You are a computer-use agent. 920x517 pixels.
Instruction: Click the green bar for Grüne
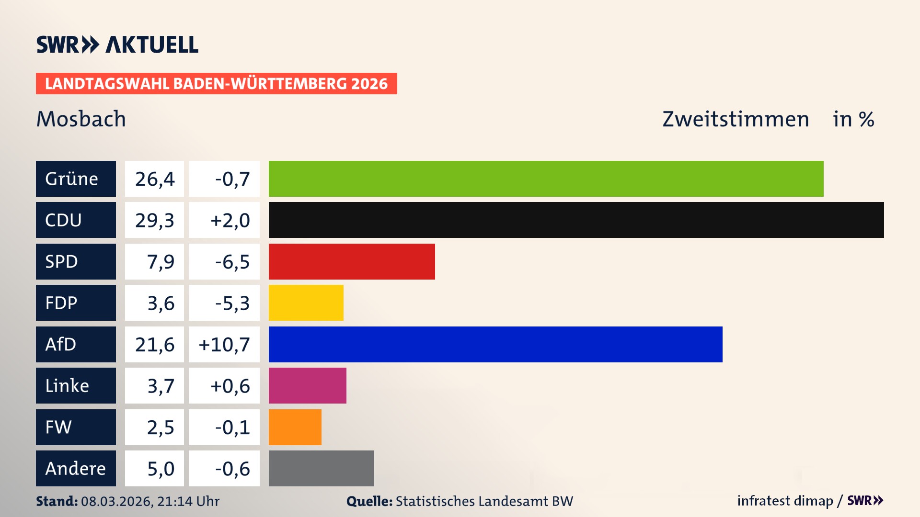[546, 179]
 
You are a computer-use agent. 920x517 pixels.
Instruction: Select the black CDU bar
[576, 220]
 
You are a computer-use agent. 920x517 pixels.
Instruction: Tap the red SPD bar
[352, 261]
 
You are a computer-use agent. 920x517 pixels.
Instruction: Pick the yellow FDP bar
[306, 303]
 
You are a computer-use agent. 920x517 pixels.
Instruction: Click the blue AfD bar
[495, 344]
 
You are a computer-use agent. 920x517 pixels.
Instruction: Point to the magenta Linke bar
[307, 385]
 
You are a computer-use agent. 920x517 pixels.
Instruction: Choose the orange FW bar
[295, 427]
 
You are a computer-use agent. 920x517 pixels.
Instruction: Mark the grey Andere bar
[321, 468]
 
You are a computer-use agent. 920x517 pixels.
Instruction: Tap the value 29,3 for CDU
[154, 220]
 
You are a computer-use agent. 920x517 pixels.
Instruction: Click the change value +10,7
[224, 345]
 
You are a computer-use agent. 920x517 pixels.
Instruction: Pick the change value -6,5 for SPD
[232, 262]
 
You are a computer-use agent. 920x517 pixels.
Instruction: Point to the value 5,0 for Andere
[161, 469]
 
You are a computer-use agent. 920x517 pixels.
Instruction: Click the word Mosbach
[81, 119]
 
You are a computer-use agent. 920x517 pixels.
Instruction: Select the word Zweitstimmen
[735, 119]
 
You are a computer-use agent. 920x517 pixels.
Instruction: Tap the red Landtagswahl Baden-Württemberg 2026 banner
[216, 83]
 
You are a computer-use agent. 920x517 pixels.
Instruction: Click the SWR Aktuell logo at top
[117, 45]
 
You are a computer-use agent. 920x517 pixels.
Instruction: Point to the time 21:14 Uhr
[188, 501]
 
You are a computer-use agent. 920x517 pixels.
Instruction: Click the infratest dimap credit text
[784, 501]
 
